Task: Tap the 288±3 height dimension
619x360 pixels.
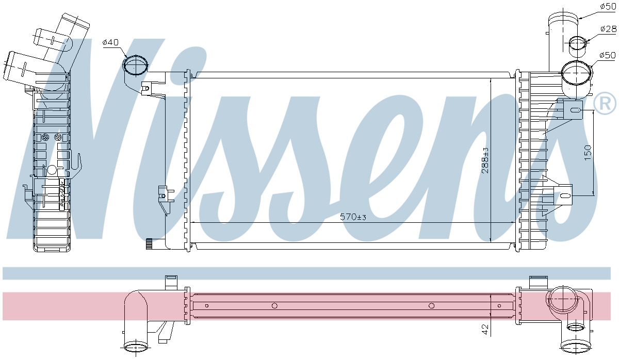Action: click(x=485, y=160)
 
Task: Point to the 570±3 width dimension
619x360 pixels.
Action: click(x=353, y=217)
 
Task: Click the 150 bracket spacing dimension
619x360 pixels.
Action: click(x=588, y=153)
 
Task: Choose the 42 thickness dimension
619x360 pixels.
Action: click(x=484, y=328)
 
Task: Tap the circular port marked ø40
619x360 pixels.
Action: click(x=136, y=66)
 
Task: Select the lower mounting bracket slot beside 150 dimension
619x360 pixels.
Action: click(x=566, y=196)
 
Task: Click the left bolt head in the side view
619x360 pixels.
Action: click(x=46, y=137)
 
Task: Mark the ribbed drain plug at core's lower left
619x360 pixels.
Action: click(x=150, y=243)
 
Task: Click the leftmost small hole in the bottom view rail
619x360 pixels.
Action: click(x=206, y=306)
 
